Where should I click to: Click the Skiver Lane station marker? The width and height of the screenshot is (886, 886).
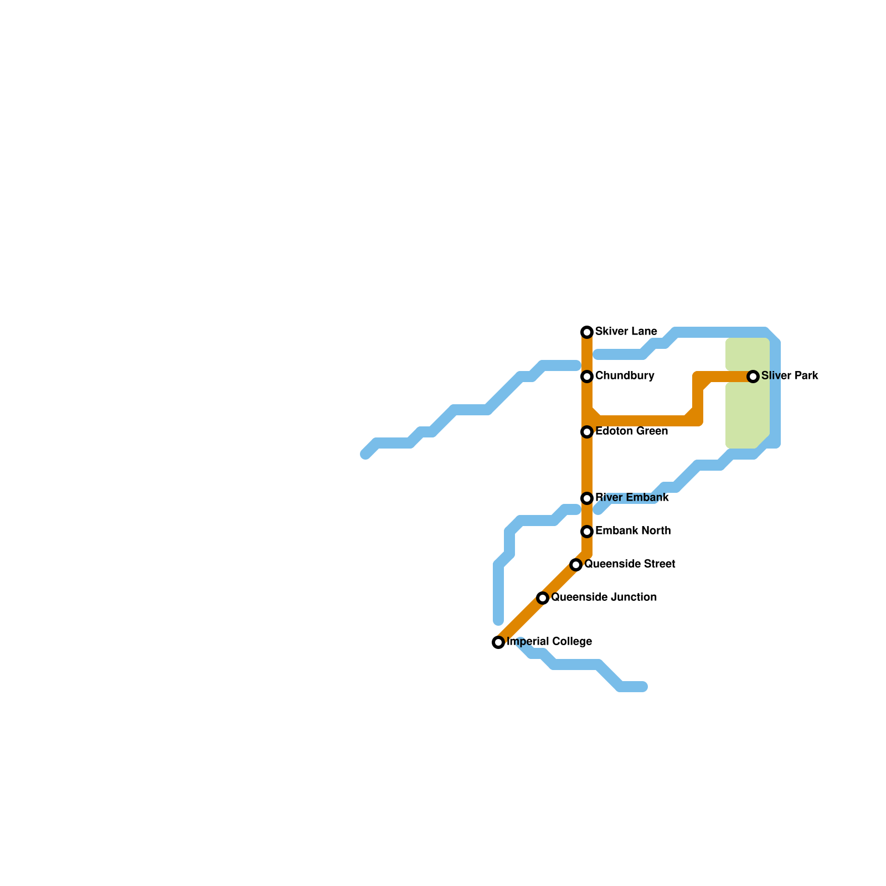click(x=587, y=332)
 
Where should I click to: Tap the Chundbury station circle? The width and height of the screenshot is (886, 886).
click(x=587, y=377)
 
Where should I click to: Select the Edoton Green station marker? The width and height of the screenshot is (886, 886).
click(x=587, y=432)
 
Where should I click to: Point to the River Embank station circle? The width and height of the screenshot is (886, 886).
click(x=587, y=498)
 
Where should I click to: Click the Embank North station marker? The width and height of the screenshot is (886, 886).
click(x=587, y=532)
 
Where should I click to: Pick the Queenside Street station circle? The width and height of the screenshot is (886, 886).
click(x=576, y=565)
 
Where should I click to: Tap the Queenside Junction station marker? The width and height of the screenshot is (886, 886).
click(x=543, y=598)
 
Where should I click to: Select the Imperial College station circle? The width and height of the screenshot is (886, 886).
click(x=498, y=642)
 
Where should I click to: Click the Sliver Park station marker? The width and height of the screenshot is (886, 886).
click(x=753, y=377)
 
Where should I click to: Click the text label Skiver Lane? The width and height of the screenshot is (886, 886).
click(x=626, y=332)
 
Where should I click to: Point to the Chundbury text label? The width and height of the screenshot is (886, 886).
click(x=625, y=376)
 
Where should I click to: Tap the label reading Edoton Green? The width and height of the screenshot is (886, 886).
click(x=631, y=431)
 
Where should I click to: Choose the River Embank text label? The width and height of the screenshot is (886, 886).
click(x=632, y=498)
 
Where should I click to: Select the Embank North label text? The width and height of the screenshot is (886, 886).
click(x=633, y=531)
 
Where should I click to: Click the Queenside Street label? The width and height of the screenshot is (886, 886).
click(x=630, y=564)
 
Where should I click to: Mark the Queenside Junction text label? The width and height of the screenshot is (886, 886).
click(x=604, y=597)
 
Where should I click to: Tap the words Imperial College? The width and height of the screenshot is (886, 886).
click(x=549, y=642)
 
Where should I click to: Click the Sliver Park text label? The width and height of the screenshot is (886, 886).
click(x=790, y=376)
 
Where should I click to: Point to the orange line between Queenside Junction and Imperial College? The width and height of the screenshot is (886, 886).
click(x=521, y=620)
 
